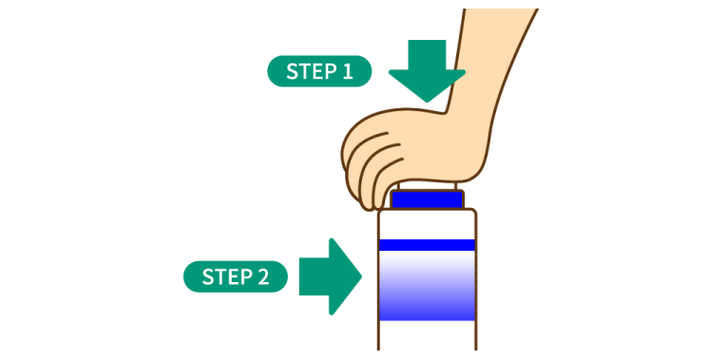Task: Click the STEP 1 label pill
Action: coord(319,71)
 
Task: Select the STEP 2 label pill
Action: coord(235,276)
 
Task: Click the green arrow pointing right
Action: coord(329,276)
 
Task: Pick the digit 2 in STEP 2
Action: coord(263,276)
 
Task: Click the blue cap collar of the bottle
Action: coord(428,200)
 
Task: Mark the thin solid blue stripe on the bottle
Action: coord(428,245)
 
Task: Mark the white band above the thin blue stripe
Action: coord(428,224)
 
